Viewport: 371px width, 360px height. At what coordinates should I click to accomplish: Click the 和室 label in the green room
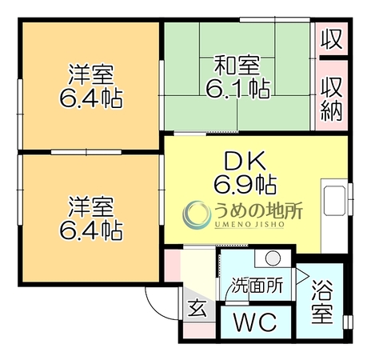pyautogui.click(x=237, y=66)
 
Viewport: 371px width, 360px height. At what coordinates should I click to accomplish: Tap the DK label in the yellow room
pyautogui.click(x=245, y=161)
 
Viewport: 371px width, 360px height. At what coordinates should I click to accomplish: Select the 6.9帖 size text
pyautogui.click(x=245, y=185)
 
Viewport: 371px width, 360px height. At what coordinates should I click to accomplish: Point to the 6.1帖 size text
pyautogui.click(x=237, y=89)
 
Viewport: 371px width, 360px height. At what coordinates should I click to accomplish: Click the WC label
pyautogui.click(x=255, y=322)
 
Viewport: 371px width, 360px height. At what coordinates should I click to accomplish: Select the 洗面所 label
pyautogui.click(x=257, y=286)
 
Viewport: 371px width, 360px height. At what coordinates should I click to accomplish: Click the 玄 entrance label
pyautogui.click(x=197, y=308)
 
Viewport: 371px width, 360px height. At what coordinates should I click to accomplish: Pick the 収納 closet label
pyautogui.click(x=331, y=99)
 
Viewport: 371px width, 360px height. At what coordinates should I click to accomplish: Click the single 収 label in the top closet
pyautogui.click(x=331, y=39)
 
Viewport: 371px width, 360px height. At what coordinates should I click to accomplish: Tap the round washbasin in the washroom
pyautogui.click(x=273, y=258)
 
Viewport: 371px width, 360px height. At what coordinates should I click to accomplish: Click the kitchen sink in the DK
pyautogui.click(x=334, y=201)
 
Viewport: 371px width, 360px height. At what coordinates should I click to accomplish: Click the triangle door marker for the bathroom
pyautogui.click(x=301, y=276)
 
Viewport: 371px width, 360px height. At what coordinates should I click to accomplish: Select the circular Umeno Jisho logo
pyautogui.click(x=197, y=215)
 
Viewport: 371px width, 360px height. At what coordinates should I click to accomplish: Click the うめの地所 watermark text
pyautogui.click(x=258, y=210)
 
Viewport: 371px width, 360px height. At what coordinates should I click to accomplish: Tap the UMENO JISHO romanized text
pyautogui.click(x=249, y=225)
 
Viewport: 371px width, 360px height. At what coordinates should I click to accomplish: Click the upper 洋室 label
pyautogui.click(x=91, y=74)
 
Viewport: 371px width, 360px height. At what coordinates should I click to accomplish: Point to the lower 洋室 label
pyautogui.click(x=91, y=206)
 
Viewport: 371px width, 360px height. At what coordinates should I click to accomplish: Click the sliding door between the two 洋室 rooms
pyautogui.click(x=86, y=152)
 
